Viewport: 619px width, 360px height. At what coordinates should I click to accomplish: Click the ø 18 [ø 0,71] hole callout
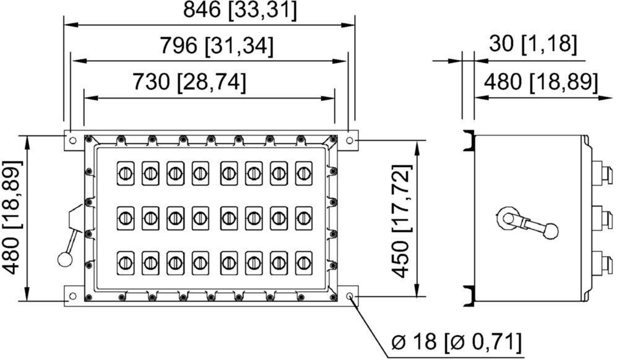click(456, 341)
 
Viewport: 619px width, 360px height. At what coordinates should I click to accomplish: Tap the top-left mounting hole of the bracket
click(72, 140)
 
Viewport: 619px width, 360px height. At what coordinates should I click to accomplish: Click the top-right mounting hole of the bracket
click(349, 140)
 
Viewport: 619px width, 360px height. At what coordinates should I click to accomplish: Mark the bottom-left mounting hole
click(72, 296)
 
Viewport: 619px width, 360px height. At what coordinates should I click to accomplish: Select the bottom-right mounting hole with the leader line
click(349, 296)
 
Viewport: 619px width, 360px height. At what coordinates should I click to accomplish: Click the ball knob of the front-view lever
click(63, 259)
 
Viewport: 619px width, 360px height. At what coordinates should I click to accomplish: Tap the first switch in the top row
click(126, 173)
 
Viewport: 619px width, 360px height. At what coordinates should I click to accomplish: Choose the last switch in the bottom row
click(303, 263)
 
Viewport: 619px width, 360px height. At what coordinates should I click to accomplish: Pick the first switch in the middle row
click(126, 218)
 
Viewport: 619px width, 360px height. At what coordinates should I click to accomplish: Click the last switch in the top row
click(303, 173)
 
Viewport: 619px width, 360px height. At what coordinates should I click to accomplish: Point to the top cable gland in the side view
click(602, 172)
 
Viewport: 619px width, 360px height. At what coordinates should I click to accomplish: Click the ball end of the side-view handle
click(550, 231)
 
